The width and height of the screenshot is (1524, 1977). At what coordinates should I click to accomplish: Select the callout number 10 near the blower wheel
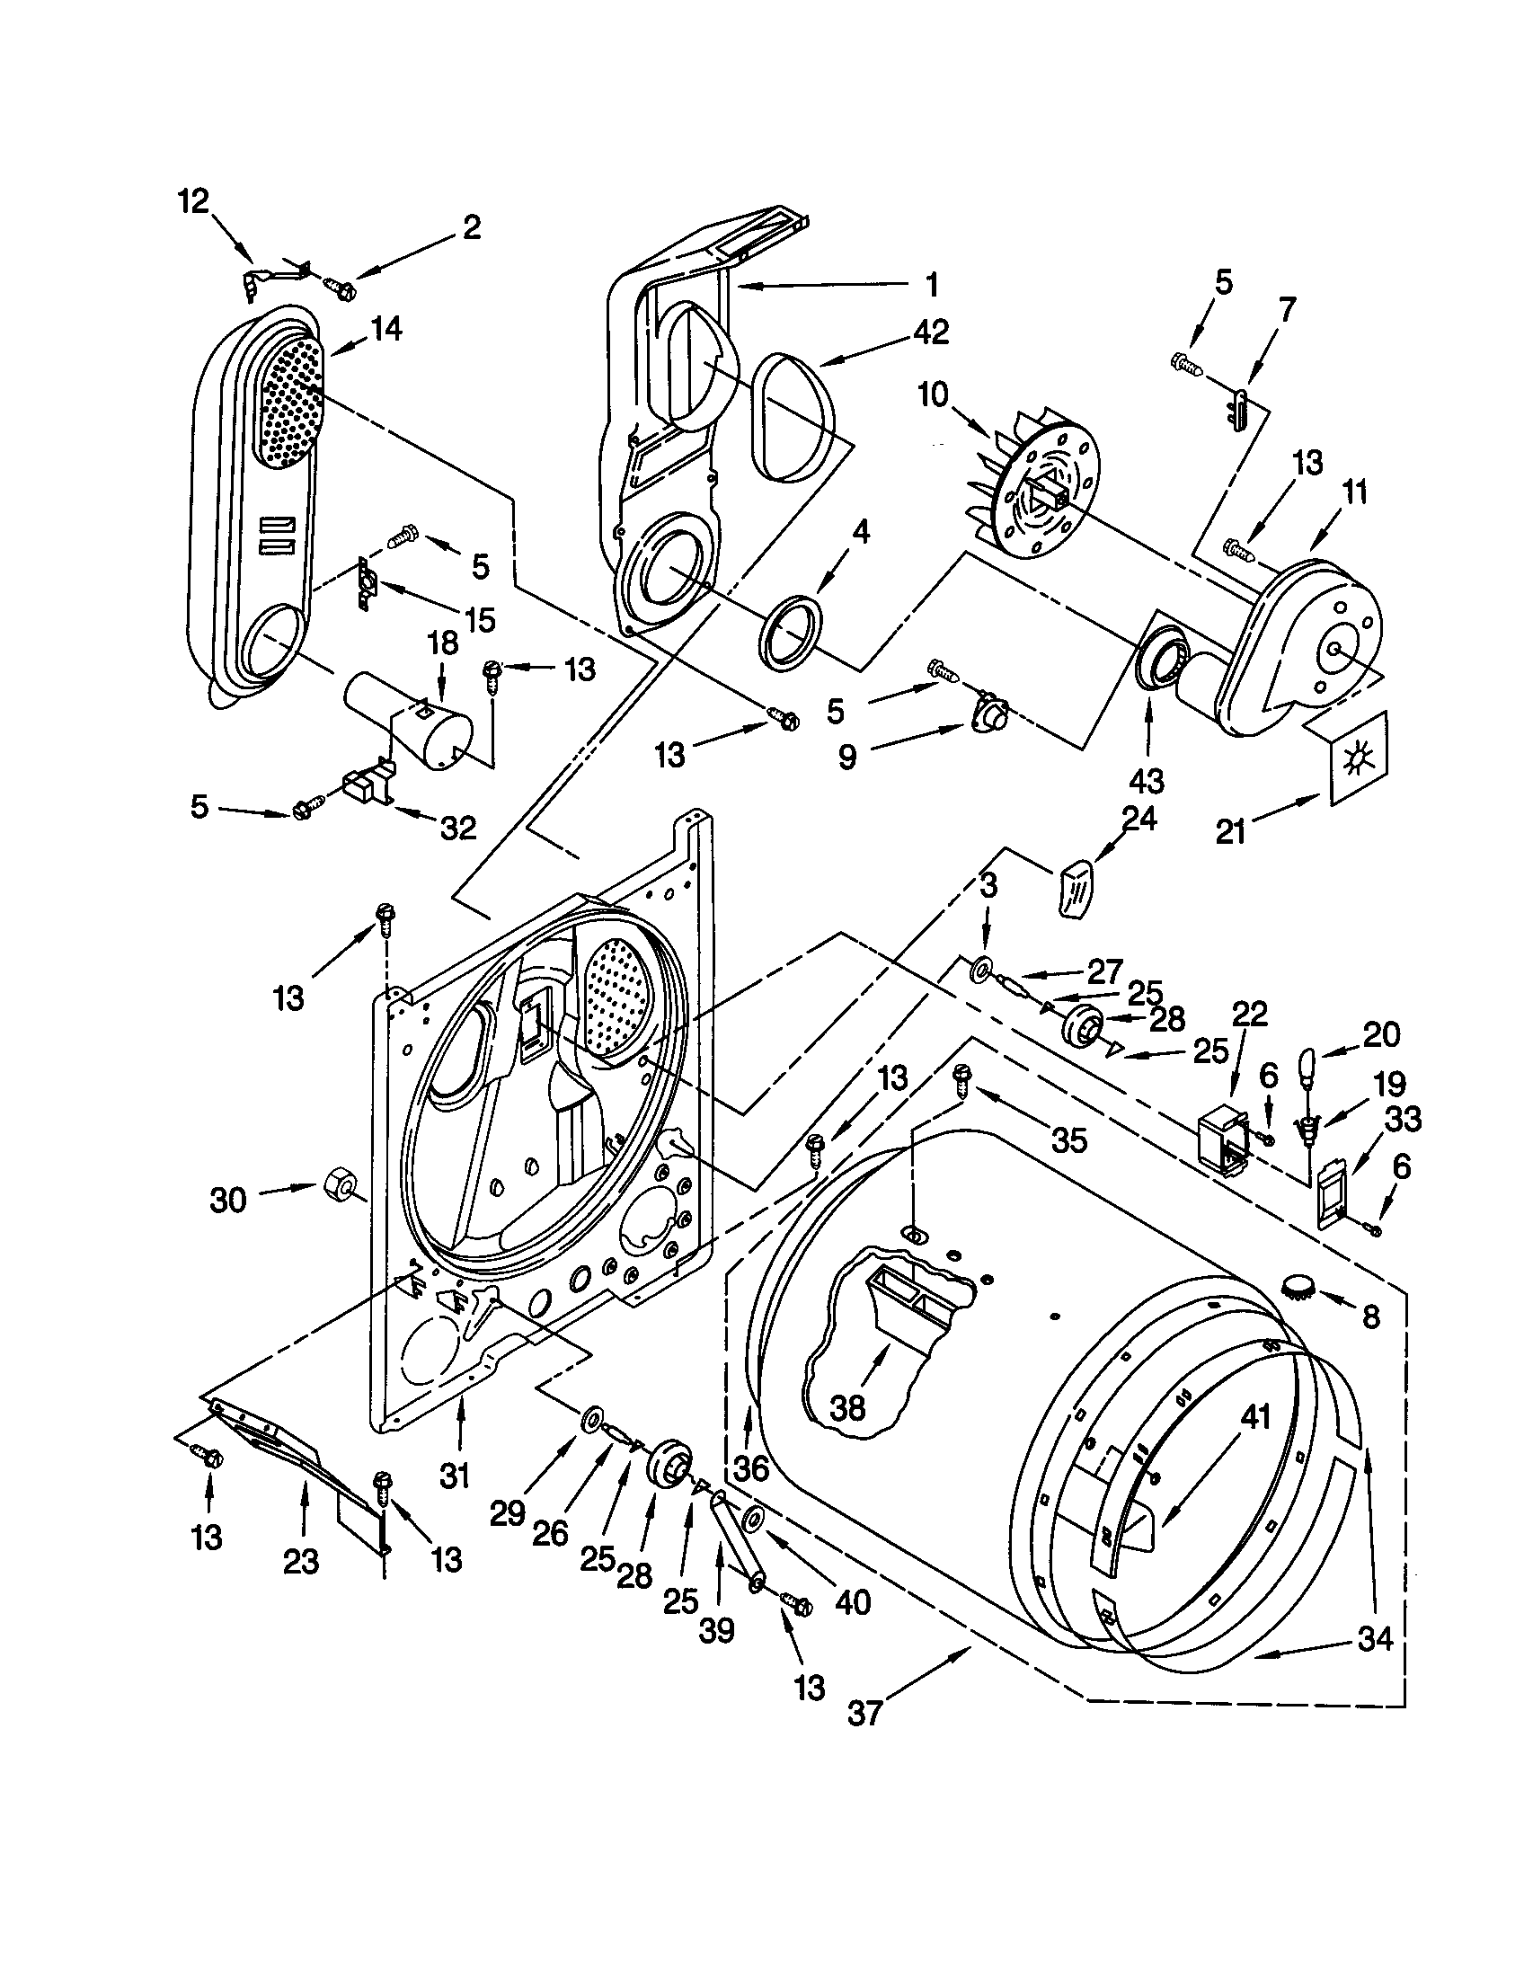point(933,395)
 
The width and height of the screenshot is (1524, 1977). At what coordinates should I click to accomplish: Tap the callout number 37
point(864,1739)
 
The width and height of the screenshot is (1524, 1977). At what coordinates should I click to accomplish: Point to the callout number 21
point(1231,830)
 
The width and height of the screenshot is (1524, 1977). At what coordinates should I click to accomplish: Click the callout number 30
point(228,1201)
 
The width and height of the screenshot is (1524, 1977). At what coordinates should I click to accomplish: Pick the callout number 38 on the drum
point(847,1407)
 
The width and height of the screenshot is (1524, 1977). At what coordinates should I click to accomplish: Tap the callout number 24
point(1139,820)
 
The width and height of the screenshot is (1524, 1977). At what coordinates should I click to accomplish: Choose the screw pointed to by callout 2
point(343,288)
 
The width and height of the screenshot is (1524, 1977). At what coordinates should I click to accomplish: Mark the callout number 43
point(1147,780)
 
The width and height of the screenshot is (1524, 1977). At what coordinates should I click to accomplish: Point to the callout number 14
point(385,329)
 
